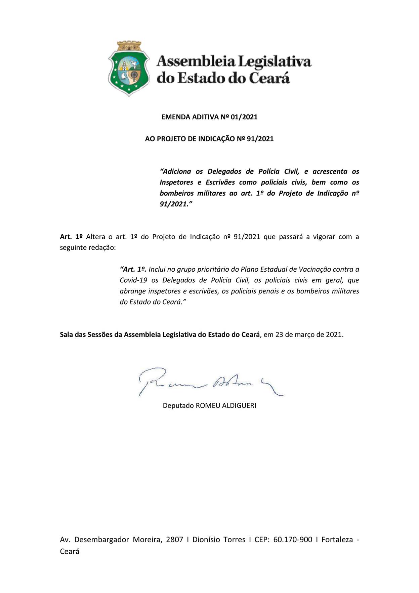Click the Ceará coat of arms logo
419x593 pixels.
point(129,69)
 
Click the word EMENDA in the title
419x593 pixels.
point(176,117)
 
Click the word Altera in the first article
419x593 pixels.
point(95,237)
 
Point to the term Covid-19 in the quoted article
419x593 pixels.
point(133,280)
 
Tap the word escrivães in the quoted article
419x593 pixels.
point(203,291)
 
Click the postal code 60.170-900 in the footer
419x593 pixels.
point(293,540)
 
